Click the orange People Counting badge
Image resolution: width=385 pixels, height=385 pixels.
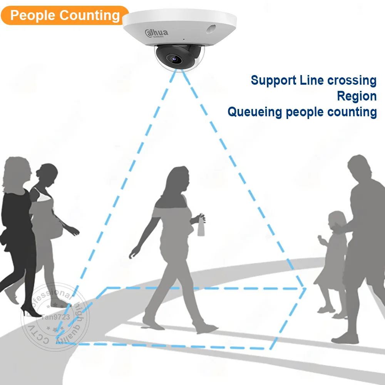[65, 15]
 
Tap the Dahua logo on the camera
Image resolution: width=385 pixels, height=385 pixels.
[157, 33]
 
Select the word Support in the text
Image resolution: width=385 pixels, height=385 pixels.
[274, 80]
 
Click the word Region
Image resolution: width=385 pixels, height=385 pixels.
[357, 96]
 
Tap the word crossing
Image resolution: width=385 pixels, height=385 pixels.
[352, 80]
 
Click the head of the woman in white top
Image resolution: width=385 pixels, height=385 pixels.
[48, 174]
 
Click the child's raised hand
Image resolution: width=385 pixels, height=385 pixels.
[320, 239]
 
